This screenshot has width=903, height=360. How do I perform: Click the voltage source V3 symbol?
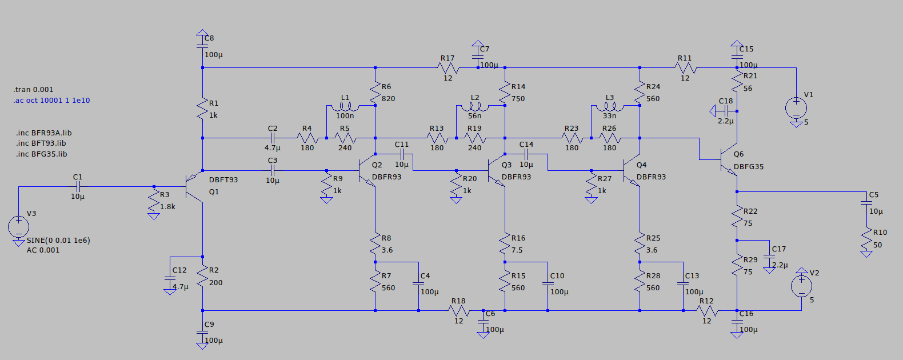click(18, 226)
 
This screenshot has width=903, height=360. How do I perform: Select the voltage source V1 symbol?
click(796, 108)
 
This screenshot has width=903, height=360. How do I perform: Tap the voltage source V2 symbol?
click(801, 286)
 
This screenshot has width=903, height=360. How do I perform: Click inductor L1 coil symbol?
click(345, 106)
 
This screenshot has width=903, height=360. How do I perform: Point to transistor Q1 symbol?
click(194, 186)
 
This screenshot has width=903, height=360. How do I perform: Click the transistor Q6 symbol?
click(729, 160)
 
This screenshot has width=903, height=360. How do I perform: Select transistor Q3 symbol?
click(497, 170)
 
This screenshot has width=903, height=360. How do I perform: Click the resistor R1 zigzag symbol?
click(202, 109)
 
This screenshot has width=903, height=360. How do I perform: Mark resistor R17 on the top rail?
click(447, 68)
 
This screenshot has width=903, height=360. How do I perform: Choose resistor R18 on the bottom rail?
click(458, 311)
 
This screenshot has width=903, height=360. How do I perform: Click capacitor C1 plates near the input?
click(78, 186)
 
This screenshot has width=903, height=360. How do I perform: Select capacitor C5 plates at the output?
click(866, 202)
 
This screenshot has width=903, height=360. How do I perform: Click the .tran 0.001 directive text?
click(33, 90)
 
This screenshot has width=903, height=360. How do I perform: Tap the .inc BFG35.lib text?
click(41, 154)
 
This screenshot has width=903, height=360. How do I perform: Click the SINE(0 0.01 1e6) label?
click(58, 241)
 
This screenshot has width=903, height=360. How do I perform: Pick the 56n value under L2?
click(474, 116)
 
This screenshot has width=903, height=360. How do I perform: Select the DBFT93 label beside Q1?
click(223, 179)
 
